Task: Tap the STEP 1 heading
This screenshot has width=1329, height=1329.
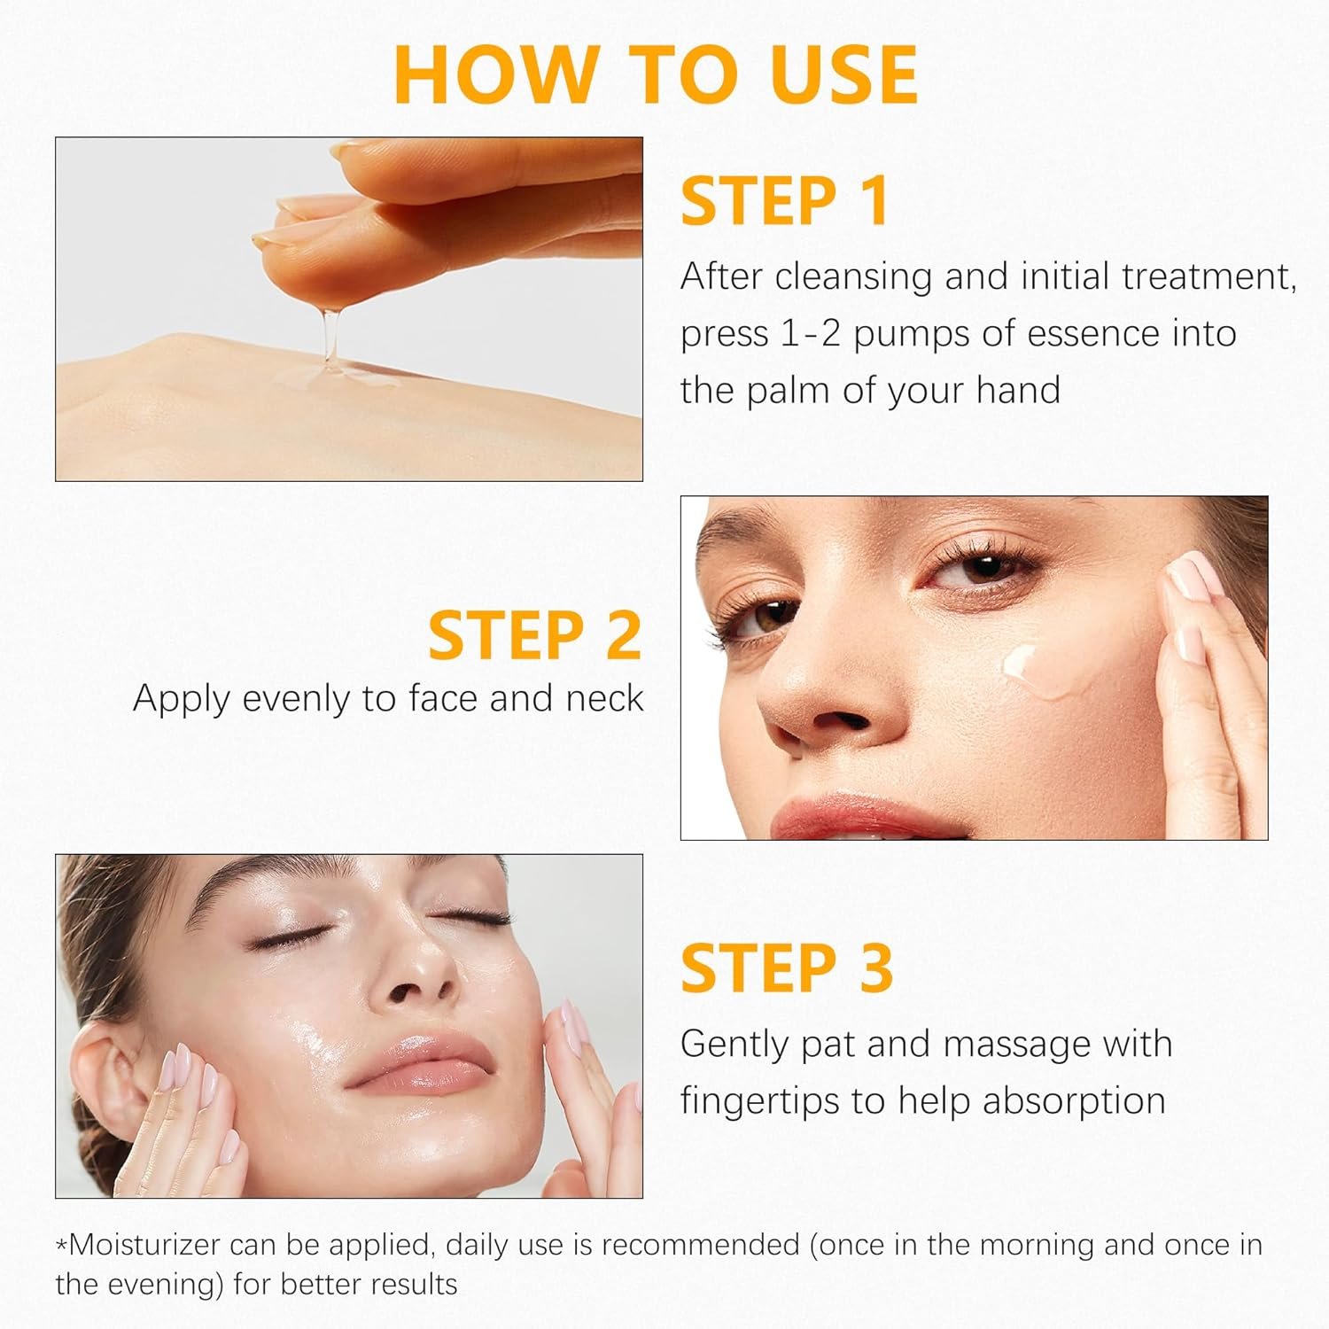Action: point(784,202)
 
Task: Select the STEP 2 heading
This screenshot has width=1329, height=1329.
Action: point(534,635)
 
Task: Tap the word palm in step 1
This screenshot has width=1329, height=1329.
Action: point(789,390)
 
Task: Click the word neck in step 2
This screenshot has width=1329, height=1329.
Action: point(608,699)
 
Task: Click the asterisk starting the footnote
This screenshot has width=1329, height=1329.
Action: point(61,1247)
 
